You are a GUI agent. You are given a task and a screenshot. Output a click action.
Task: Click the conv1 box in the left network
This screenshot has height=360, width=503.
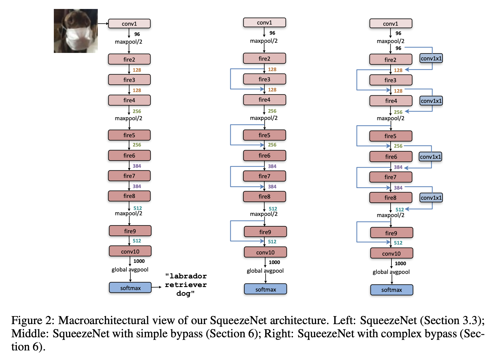(x=129, y=24)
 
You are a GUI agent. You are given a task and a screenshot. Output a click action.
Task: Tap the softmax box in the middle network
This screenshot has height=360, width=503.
(x=266, y=289)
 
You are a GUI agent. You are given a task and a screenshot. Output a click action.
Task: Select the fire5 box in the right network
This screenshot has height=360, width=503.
(x=391, y=136)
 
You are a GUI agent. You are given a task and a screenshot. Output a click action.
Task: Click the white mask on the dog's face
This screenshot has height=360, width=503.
(x=77, y=37)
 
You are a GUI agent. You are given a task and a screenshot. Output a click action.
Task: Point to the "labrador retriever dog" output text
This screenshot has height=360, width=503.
(x=186, y=285)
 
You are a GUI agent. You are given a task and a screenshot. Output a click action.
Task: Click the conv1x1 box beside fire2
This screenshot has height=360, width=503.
(x=431, y=58)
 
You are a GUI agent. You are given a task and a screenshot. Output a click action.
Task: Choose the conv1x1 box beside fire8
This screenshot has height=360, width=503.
(x=431, y=198)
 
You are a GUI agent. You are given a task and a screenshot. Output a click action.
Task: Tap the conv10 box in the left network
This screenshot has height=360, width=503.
(x=130, y=251)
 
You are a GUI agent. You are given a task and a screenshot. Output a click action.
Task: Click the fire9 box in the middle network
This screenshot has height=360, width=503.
(x=265, y=232)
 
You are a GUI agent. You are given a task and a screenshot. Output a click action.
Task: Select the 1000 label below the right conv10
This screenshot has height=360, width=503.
(x=400, y=263)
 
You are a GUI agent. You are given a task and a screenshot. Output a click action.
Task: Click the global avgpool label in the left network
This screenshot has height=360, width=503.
(x=130, y=269)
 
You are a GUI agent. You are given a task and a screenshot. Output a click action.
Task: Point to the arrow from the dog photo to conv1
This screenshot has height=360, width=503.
(x=103, y=24)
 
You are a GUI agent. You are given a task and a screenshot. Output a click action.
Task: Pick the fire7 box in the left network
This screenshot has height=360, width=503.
(x=129, y=176)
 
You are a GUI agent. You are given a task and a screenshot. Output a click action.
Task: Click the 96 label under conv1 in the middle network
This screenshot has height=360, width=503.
(x=272, y=33)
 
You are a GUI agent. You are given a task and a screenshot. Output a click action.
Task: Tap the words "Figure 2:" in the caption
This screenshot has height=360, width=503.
(x=33, y=320)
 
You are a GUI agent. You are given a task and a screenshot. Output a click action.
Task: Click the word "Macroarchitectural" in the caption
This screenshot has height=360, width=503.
(x=103, y=320)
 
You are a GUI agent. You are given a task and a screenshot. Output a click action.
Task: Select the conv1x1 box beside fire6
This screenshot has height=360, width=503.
(x=430, y=157)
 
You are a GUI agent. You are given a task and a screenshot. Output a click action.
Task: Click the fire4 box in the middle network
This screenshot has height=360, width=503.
(x=264, y=100)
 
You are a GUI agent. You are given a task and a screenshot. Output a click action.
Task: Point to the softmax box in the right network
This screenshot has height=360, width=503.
(x=391, y=290)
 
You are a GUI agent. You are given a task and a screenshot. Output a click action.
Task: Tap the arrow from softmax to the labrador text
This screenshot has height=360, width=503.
(x=156, y=287)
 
